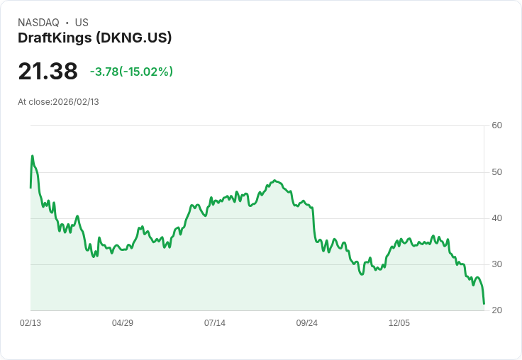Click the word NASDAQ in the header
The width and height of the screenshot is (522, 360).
(x=38, y=23)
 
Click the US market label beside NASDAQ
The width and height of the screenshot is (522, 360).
(x=82, y=23)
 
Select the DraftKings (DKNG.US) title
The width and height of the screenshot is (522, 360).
(x=95, y=38)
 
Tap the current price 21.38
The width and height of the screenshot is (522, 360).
(x=48, y=72)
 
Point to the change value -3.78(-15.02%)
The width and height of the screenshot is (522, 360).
(x=131, y=72)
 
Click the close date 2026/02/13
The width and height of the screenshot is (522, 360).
(x=76, y=102)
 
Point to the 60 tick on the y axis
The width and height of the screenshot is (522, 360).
(x=497, y=126)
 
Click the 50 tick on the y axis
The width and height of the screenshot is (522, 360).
(x=497, y=172)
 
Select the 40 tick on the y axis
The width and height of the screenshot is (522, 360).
(x=497, y=218)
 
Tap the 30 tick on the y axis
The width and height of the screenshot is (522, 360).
(x=497, y=264)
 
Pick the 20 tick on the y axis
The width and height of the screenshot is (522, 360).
(x=497, y=310)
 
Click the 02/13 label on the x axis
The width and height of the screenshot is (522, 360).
(x=30, y=323)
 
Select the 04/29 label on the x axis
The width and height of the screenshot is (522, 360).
(x=123, y=323)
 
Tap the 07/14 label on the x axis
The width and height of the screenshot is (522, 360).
(x=215, y=323)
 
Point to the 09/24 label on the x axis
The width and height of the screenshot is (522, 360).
(x=307, y=323)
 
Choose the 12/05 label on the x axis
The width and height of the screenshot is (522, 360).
(x=399, y=323)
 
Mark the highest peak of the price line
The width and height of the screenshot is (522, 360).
(x=32, y=156)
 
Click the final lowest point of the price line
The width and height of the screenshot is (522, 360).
(x=484, y=304)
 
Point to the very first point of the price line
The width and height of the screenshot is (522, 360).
(x=30, y=187)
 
